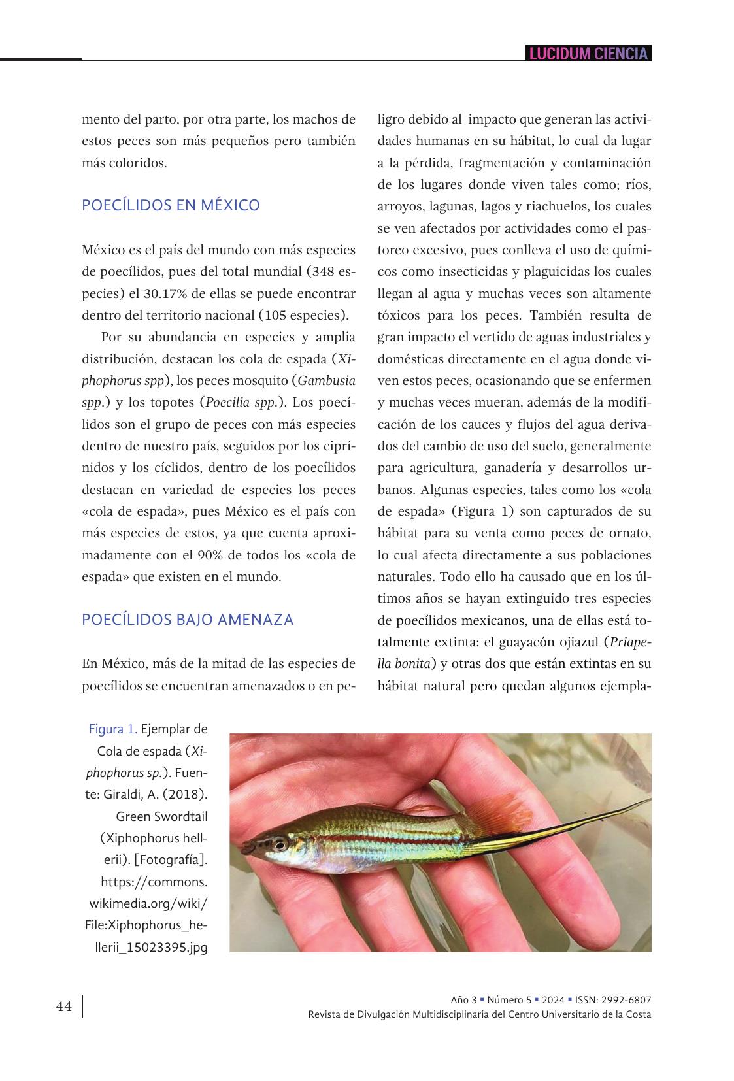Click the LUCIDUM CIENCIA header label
(x=588, y=54)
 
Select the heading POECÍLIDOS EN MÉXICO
(x=171, y=205)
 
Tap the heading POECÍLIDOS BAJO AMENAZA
(x=188, y=619)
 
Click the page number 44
(x=64, y=1006)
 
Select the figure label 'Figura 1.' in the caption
(x=113, y=729)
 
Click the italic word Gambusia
(x=327, y=380)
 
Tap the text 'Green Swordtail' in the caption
(x=161, y=816)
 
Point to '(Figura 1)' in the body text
(x=482, y=511)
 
